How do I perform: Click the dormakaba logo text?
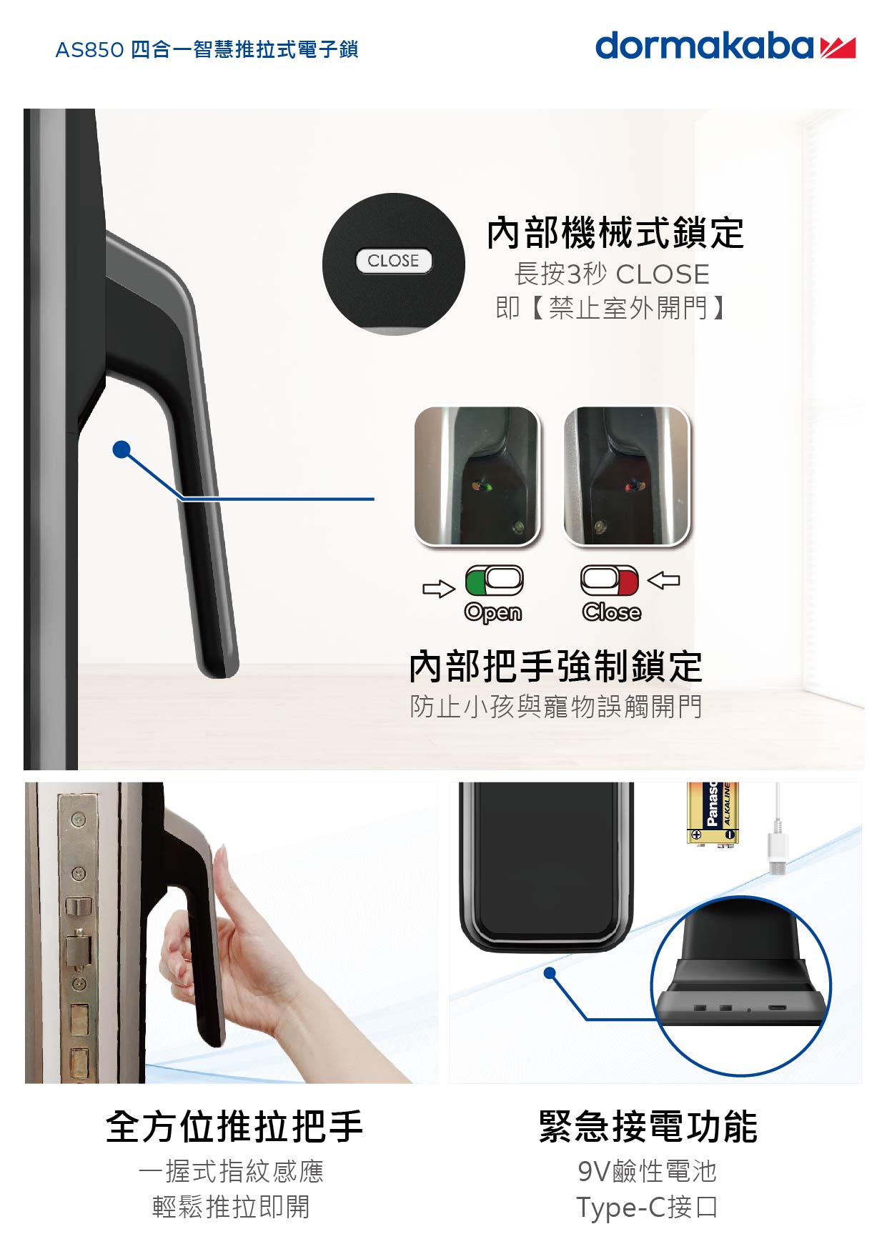click(x=704, y=46)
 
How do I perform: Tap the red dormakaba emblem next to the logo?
click(x=838, y=48)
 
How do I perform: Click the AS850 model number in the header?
click(x=89, y=50)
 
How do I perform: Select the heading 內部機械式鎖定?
click(x=615, y=234)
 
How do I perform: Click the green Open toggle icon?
click(x=494, y=580)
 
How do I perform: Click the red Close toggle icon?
click(x=610, y=580)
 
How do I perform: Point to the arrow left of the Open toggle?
click(x=438, y=588)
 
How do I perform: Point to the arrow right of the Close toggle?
click(x=664, y=579)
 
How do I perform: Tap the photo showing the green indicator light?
click(x=477, y=476)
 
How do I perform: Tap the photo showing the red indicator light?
click(x=627, y=476)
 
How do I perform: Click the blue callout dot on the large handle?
click(x=122, y=449)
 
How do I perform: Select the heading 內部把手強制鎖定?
click(x=555, y=667)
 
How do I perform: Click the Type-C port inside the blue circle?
click(x=777, y=1008)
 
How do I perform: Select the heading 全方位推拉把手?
click(x=234, y=1127)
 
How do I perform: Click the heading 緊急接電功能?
click(x=648, y=1127)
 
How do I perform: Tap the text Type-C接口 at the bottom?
click(x=647, y=1207)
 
